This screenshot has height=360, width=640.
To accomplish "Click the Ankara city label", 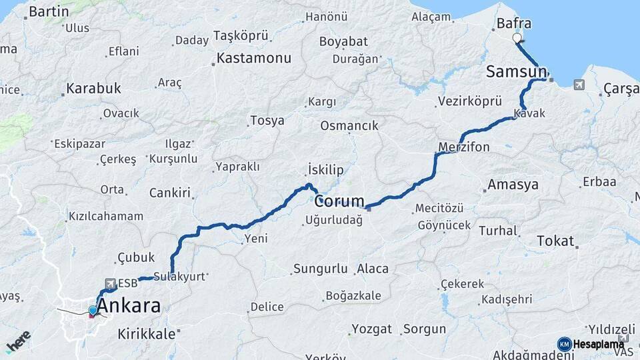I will [129, 307].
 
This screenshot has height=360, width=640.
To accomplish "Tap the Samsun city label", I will [516, 72].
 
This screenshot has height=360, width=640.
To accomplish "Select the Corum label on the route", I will [340, 201].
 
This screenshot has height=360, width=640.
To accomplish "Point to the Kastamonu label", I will [254, 59].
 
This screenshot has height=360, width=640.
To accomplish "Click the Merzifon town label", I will [464, 147].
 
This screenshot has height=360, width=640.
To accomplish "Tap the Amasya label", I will [513, 185].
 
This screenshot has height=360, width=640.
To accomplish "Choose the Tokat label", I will [555, 241].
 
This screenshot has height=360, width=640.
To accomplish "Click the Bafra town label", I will [514, 24].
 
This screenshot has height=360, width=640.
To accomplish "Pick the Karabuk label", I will [94, 88].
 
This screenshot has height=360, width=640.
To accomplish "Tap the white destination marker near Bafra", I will [517, 38].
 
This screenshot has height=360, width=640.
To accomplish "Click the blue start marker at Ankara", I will [93, 310].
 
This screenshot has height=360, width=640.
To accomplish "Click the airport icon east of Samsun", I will [577, 85].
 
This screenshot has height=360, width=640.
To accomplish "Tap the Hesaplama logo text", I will [598, 344].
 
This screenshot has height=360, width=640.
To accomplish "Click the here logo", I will [19, 341].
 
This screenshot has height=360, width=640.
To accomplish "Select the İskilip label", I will [325, 170].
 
